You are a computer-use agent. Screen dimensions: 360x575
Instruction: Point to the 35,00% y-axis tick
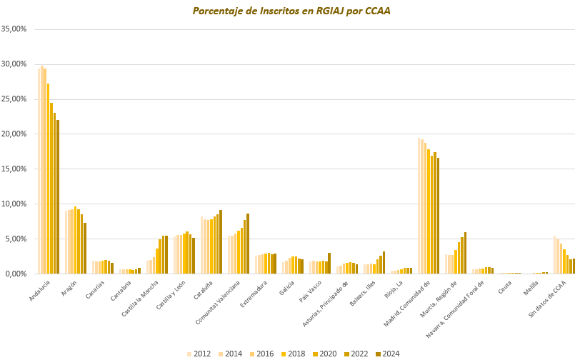point(14,29)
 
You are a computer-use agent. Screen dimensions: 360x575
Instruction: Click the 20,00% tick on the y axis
point(14,134)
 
